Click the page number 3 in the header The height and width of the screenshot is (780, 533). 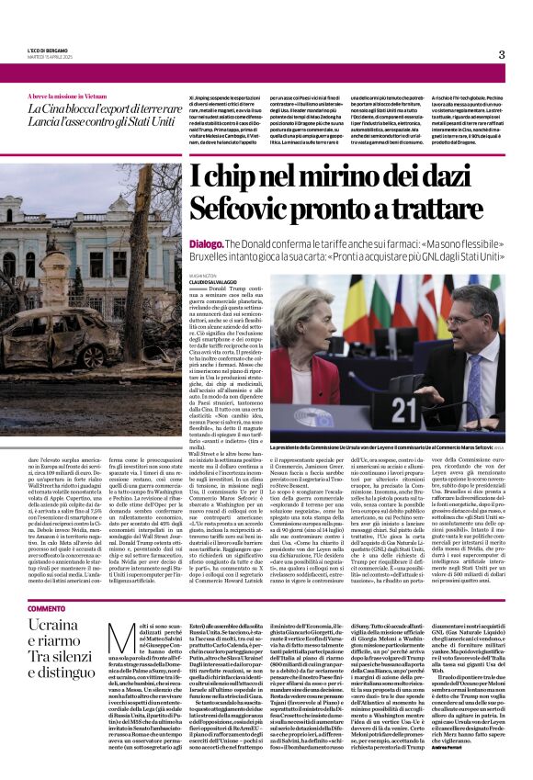[502, 54]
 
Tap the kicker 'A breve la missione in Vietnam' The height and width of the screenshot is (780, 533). [65, 96]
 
